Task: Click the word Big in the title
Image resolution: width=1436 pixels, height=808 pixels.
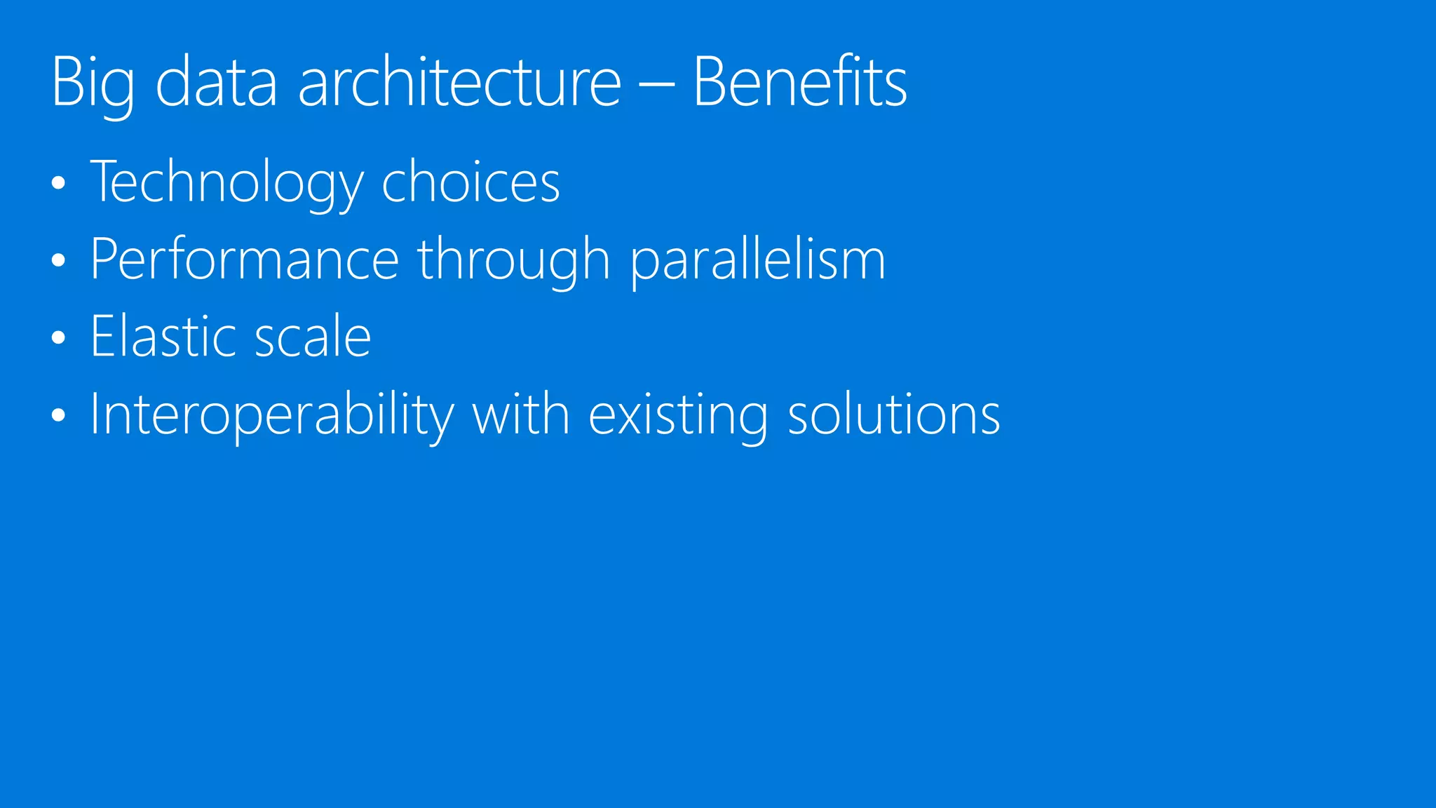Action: [x=93, y=83]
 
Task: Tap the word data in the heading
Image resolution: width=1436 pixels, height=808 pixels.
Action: [x=216, y=83]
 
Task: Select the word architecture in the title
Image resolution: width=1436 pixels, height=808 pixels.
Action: [x=460, y=83]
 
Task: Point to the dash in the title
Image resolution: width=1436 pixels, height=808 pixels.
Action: [x=657, y=87]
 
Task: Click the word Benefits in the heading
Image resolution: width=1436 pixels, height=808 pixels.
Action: [x=800, y=83]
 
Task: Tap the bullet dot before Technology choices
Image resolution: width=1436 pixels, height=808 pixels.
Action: [x=59, y=184]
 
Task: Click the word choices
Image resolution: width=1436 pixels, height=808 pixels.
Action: [x=470, y=182]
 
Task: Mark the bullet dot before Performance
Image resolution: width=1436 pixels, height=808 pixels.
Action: [x=59, y=261]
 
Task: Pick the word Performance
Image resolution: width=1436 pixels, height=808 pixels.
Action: [x=245, y=260]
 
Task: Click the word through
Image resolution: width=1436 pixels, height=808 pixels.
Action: [x=514, y=260]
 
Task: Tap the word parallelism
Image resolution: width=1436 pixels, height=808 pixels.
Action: [x=757, y=260]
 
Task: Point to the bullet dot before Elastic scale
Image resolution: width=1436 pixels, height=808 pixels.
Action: [x=59, y=338]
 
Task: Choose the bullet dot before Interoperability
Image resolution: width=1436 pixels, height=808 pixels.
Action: [x=59, y=415]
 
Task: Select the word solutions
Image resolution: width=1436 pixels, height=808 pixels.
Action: [x=894, y=414]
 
